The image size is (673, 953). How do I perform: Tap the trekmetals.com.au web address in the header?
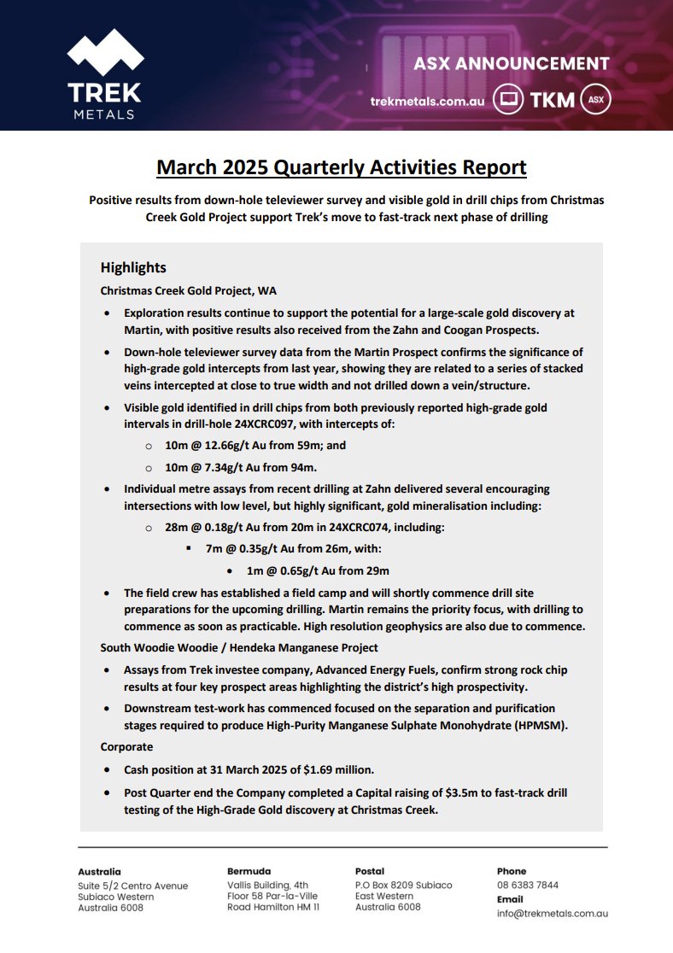tap(427, 101)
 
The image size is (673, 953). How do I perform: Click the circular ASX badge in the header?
tap(596, 100)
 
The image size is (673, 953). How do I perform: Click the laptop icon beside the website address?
tap(508, 100)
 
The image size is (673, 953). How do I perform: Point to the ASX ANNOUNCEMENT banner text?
tap(511, 64)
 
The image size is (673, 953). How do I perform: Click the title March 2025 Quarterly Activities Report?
tap(342, 167)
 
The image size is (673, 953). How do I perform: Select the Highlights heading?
tap(133, 267)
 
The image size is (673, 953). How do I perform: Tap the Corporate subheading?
tap(126, 745)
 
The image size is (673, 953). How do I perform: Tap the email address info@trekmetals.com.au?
tap(552, 913)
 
